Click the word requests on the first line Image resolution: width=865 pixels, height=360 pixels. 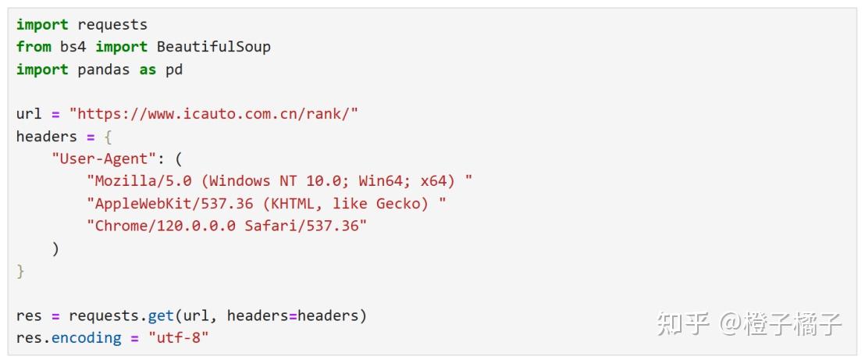[x=112, y=25]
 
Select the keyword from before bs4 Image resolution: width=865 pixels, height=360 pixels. [x=34, y=47]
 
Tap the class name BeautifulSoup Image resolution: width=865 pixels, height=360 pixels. [x=213, y=47]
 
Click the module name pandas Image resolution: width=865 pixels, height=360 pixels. [x=104, y=70]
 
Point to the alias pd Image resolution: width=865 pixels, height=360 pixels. [x=174, y=70]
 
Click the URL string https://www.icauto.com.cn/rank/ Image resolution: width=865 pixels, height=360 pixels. [x=213, y=114]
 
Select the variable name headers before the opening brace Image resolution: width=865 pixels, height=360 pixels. [x=47, y=137]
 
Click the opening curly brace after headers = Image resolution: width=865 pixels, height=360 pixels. [x=108, y=137]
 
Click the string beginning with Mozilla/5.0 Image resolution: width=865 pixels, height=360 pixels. [x=279, y=181]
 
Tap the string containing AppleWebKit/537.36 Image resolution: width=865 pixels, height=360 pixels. [x=266, y=204]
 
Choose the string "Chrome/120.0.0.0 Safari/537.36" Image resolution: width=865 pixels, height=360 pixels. [x=226, y=226]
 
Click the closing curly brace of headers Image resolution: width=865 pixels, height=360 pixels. [x=20, y=272]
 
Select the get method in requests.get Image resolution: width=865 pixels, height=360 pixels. [x=161, y=315]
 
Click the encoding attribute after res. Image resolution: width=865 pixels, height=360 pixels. [x=86, y=338]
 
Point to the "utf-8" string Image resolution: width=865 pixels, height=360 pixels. [x=179, y=338]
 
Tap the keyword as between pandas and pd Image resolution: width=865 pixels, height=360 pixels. [x=148, y=70]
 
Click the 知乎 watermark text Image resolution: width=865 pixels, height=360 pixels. [x=682, y=323]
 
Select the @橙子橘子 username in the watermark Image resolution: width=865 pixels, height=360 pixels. [x=781, y=323]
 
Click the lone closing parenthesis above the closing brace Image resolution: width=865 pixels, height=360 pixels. [x=55, y=249]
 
